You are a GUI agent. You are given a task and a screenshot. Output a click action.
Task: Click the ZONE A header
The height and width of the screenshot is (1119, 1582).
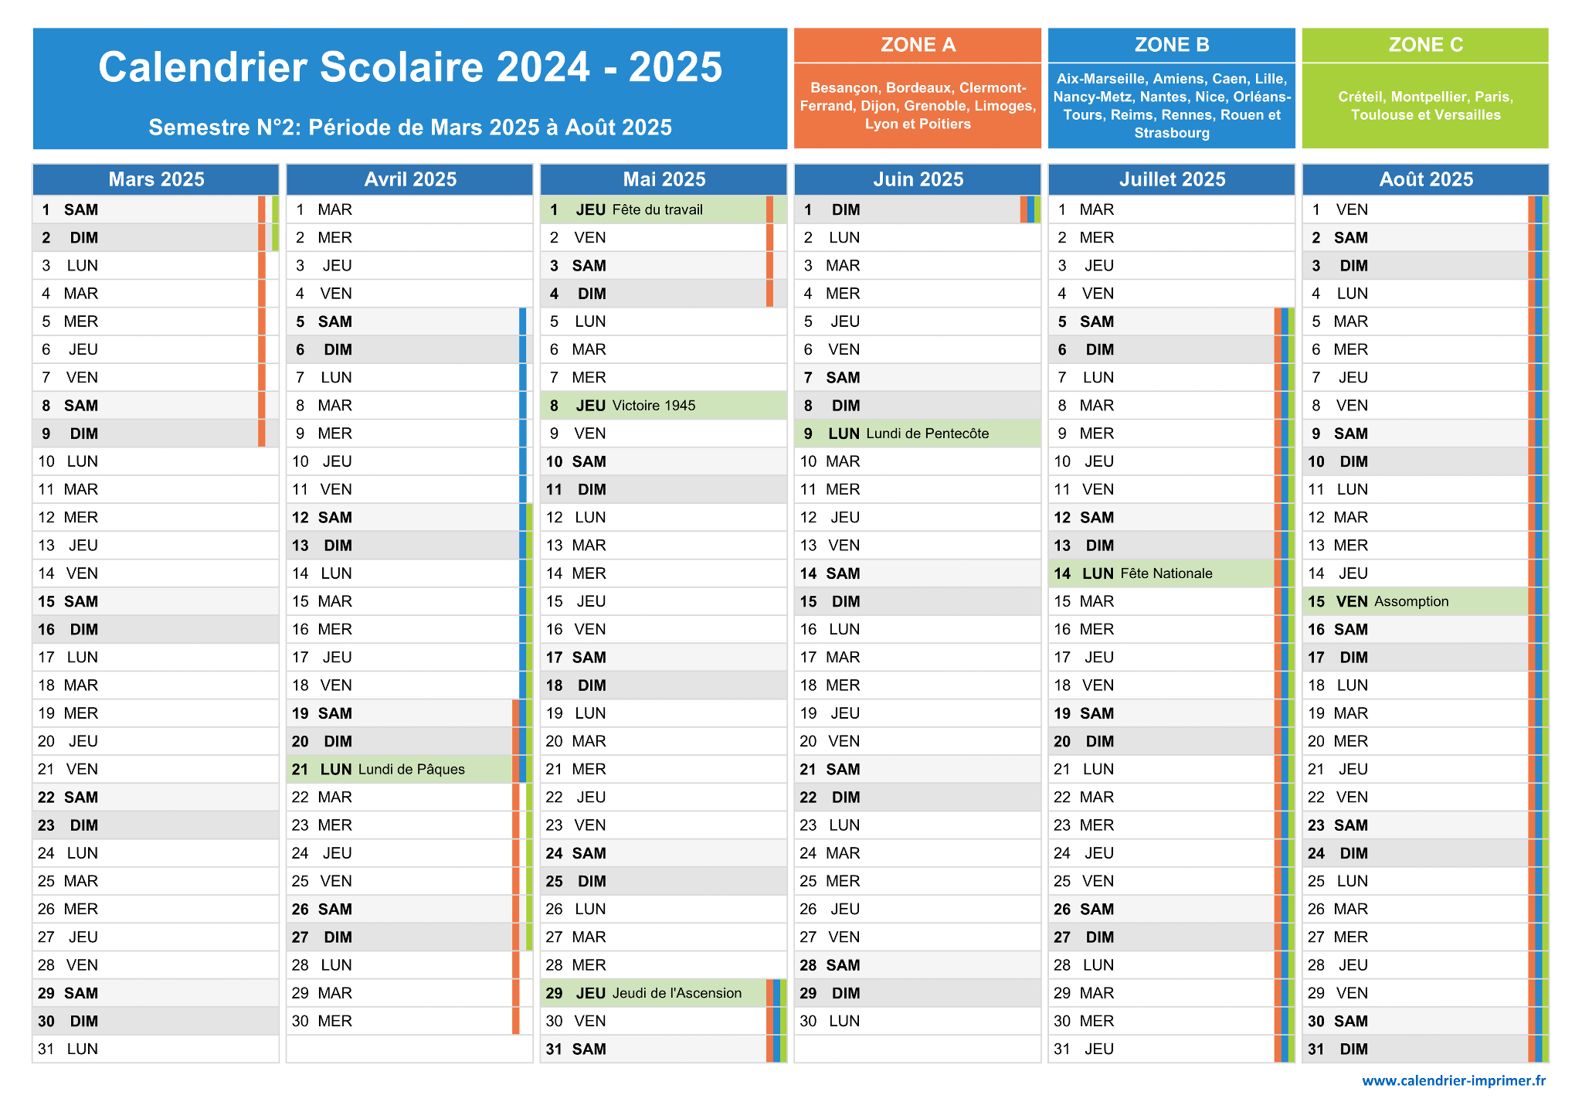coord(918,45)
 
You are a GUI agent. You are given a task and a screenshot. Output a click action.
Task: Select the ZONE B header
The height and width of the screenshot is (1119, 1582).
coord(1172,45)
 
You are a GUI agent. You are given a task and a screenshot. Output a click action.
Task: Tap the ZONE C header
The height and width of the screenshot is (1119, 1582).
coord(1425,45)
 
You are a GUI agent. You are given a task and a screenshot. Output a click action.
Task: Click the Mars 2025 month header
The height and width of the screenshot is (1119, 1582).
coord(156,179)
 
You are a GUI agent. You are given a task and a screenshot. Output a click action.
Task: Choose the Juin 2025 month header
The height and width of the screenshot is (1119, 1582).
coord(918,179)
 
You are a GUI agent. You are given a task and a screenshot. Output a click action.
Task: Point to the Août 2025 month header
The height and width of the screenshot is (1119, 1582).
coord(1426,179)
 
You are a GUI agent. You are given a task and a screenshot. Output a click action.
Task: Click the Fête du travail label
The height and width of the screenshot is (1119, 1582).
coord(657,209)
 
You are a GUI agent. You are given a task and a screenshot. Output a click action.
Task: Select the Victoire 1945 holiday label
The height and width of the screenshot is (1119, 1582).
coord(654,406)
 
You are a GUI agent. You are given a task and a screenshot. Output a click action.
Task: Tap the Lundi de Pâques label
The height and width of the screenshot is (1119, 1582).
coord(412,770)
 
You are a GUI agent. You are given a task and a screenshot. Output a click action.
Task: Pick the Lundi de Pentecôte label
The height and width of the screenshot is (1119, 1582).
coord(928,434)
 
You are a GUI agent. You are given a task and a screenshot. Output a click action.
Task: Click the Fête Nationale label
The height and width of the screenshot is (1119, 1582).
coord(1166,573)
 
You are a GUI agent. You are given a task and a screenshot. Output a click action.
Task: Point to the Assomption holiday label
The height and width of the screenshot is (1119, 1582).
coord(1411,601)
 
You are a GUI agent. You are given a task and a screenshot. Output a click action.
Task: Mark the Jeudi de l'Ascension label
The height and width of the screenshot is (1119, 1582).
coord(677,993)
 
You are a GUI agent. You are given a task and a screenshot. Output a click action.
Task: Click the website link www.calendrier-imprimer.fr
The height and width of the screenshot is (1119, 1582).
coord(1454,1080)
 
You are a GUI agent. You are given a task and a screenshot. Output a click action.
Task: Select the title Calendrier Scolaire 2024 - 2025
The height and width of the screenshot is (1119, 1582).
coord(410,67)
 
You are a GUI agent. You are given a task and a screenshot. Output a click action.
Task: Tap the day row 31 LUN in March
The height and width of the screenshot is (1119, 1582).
coord(156,1049)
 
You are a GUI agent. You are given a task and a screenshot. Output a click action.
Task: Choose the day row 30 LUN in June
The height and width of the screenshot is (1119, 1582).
coord(918,1021)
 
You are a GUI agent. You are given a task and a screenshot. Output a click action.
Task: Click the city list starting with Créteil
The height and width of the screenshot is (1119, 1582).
coord(1425,106)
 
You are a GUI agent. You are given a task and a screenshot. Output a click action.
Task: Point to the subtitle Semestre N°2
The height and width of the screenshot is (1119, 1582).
coord(410,128)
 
